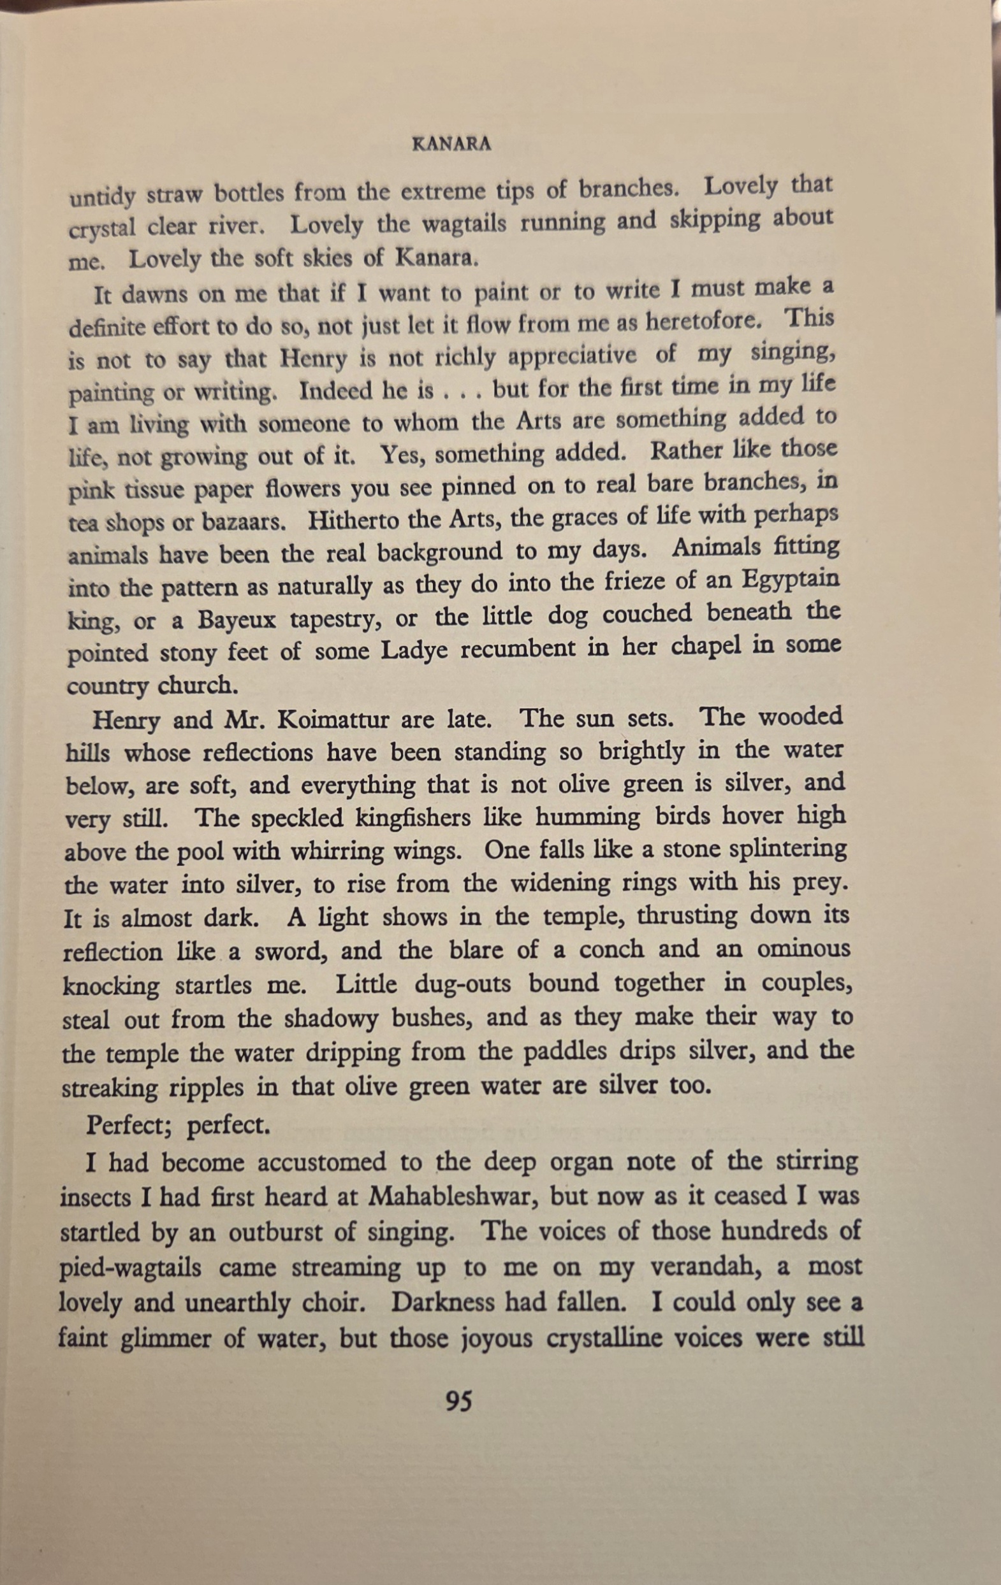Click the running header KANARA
click(x=451, y=144)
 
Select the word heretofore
click(x=703, y=322)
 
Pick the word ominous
click(x=803, y=949)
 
